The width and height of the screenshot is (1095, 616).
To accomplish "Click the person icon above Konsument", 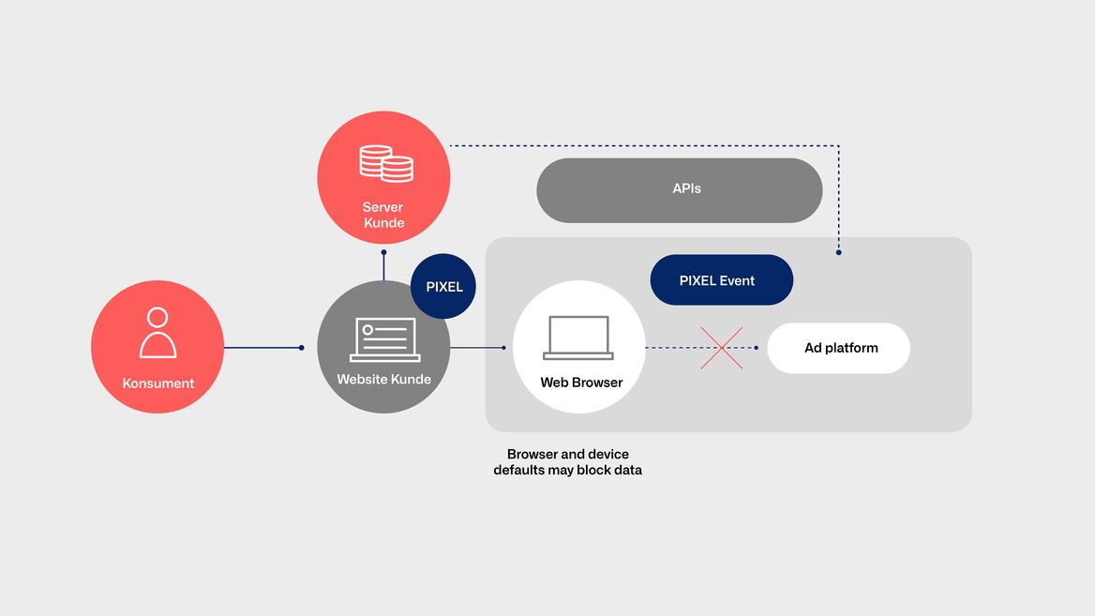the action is click(157, 333).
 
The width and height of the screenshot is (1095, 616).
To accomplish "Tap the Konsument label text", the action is click(157, 383).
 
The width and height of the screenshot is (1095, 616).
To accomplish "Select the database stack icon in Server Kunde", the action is click(386, 163).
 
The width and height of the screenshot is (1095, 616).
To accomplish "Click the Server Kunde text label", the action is click(383, 215).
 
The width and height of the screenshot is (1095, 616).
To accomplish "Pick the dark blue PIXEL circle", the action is click(443, 286).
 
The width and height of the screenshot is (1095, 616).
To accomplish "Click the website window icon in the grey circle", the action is click(384, 340).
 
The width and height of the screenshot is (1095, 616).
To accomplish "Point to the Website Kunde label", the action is click(384, 379).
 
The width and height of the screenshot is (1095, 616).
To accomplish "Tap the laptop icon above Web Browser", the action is click(578, 338).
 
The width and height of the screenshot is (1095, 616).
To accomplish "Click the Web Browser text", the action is click(581, 382).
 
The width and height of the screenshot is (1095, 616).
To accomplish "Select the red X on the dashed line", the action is click(721, 348).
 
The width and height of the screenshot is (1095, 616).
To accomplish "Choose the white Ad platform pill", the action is click(839, 348).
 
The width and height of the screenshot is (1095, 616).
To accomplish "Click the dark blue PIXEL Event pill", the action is click(721, 280).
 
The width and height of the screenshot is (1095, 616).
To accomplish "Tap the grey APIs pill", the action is click(680, 190).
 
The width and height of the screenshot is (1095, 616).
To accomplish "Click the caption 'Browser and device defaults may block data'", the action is click(568, 461).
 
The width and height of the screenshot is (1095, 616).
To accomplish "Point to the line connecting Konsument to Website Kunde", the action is click(262, 347).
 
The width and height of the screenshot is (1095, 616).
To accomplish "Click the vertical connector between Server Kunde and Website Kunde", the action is click(383, 265).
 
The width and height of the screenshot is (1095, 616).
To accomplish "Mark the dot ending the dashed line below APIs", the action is click(839, 252).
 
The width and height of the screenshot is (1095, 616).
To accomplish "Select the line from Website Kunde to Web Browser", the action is click(477, 347).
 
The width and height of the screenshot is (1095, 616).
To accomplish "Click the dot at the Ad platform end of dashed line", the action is click(757, 347).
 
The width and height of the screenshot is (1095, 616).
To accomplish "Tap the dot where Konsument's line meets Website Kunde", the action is click(302, 347).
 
